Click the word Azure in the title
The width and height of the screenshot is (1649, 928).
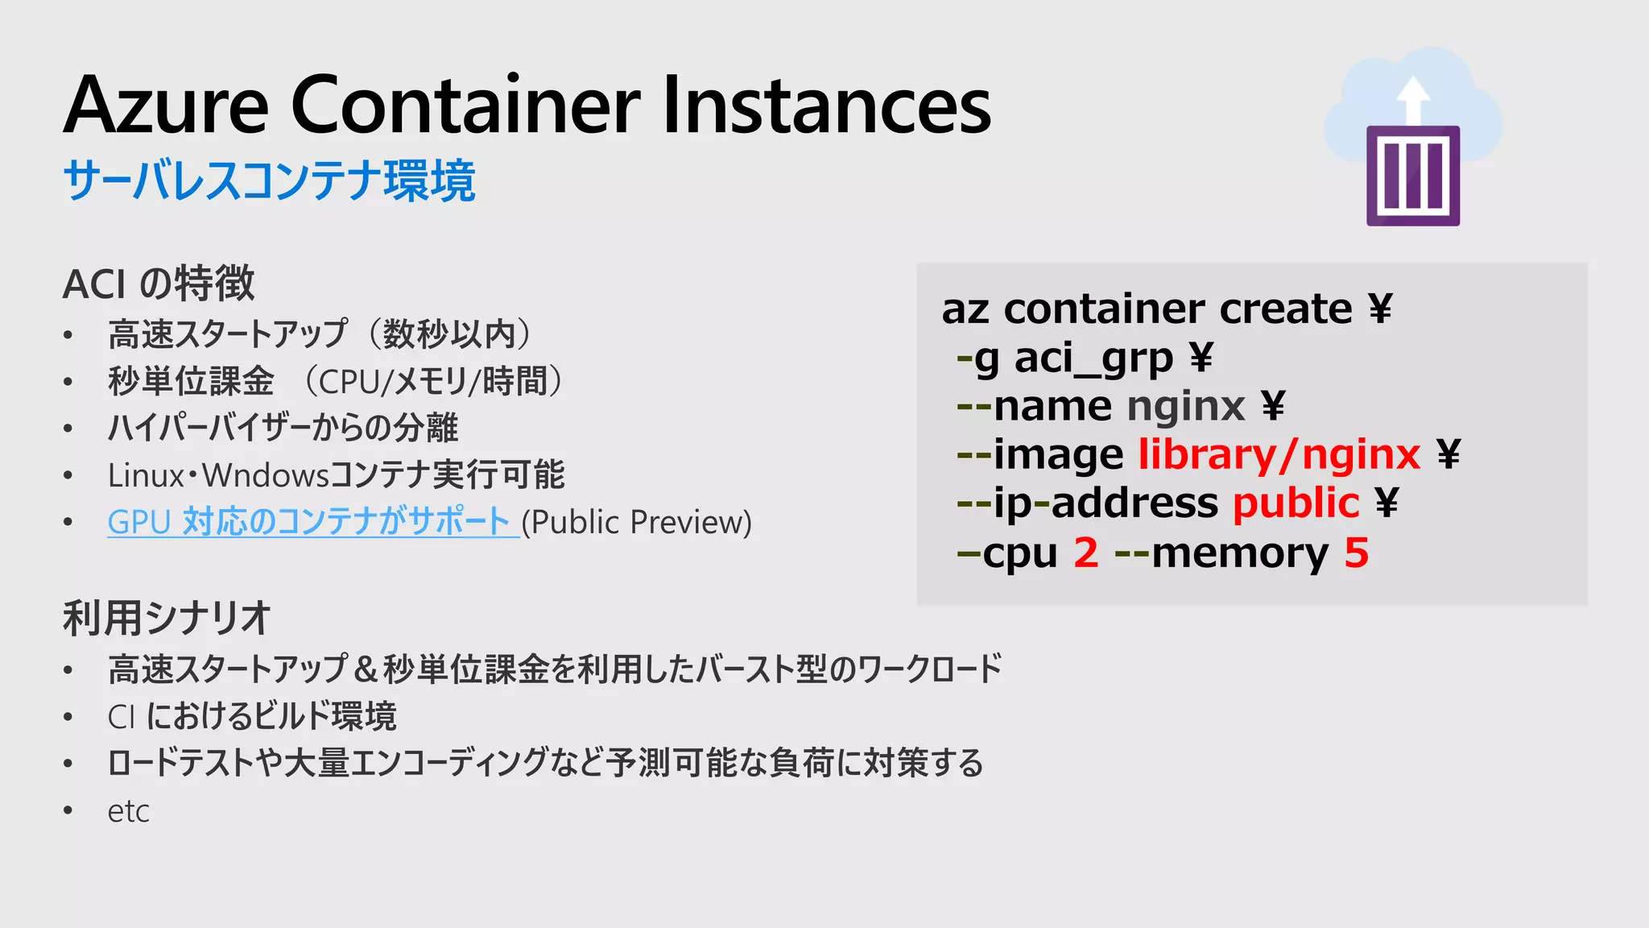coord(166,106)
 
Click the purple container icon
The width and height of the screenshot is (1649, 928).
coord(1413,176)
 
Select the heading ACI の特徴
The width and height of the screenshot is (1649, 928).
coord(159,284)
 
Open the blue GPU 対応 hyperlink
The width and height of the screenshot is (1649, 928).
coord(309,522)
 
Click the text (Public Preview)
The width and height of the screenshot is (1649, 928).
coord(637,522)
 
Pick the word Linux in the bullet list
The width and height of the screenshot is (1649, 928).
coord(146,475)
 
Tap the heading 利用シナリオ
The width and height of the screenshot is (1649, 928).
coord(167,619)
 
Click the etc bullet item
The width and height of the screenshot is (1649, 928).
coord(129,811)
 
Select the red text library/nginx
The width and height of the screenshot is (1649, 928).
coord(1279,454)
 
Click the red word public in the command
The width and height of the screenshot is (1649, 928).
coord(1296,503)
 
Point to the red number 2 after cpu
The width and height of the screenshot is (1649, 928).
coord(1086,553)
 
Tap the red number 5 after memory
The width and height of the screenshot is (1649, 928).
coord(1357,553)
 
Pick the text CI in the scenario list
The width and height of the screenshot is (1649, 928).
coord(121,717)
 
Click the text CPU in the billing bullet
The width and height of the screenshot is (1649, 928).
coord(350,382)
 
